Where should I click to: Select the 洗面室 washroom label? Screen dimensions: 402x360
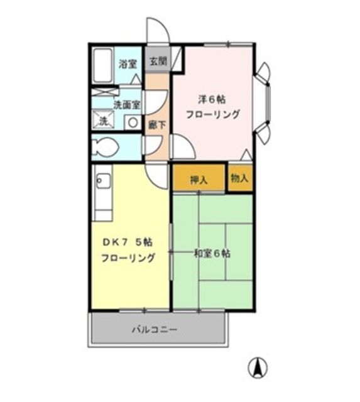click(x=126, y=105)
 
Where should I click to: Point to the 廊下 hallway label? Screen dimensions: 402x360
click(x=157, y=124)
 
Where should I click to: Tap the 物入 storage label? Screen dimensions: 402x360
click(x=239, y=178)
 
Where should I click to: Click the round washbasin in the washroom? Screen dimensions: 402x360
click(x=133, y=121)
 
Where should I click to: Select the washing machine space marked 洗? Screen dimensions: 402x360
click(x=102, y=119)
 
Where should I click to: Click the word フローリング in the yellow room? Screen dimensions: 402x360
click(x=129, y=258)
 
